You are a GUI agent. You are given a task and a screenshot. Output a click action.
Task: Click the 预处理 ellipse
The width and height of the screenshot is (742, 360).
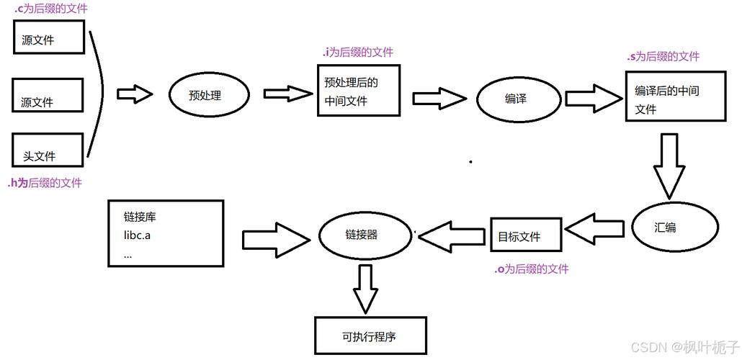[209, 94]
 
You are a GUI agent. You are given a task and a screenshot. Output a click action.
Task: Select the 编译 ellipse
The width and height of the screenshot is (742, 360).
[517, 99]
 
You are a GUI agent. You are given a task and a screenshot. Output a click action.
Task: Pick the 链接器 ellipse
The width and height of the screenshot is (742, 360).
[362, 235]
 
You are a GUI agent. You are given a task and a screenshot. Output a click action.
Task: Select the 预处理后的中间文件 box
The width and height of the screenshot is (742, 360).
[358, 91]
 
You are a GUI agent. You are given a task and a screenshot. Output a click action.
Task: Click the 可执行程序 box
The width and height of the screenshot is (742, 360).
[370, 335]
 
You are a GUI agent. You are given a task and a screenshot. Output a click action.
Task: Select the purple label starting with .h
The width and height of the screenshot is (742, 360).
[44, 183]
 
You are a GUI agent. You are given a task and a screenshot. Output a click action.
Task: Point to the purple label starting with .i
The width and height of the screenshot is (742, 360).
[357, 52]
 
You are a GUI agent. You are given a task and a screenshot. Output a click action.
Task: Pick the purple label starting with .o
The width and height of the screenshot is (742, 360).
[531, 269]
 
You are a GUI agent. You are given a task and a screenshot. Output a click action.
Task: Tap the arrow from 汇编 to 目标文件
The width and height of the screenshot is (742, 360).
[595, 230]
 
